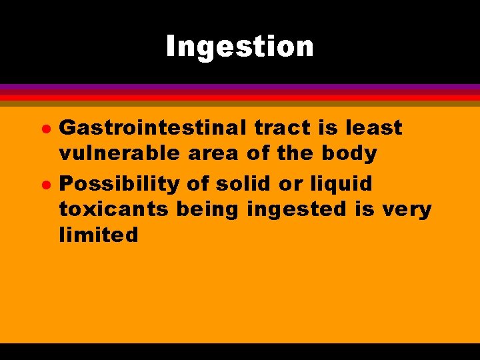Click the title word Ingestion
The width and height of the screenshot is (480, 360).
pos(240,47)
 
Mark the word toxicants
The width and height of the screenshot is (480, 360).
pos(114,209)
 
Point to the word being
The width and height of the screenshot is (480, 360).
pos(211,209)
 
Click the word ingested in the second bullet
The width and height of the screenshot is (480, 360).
pos(297,209)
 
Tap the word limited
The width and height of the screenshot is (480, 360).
pos(99,235)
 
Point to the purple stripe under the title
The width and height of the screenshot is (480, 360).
pos(240,87)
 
